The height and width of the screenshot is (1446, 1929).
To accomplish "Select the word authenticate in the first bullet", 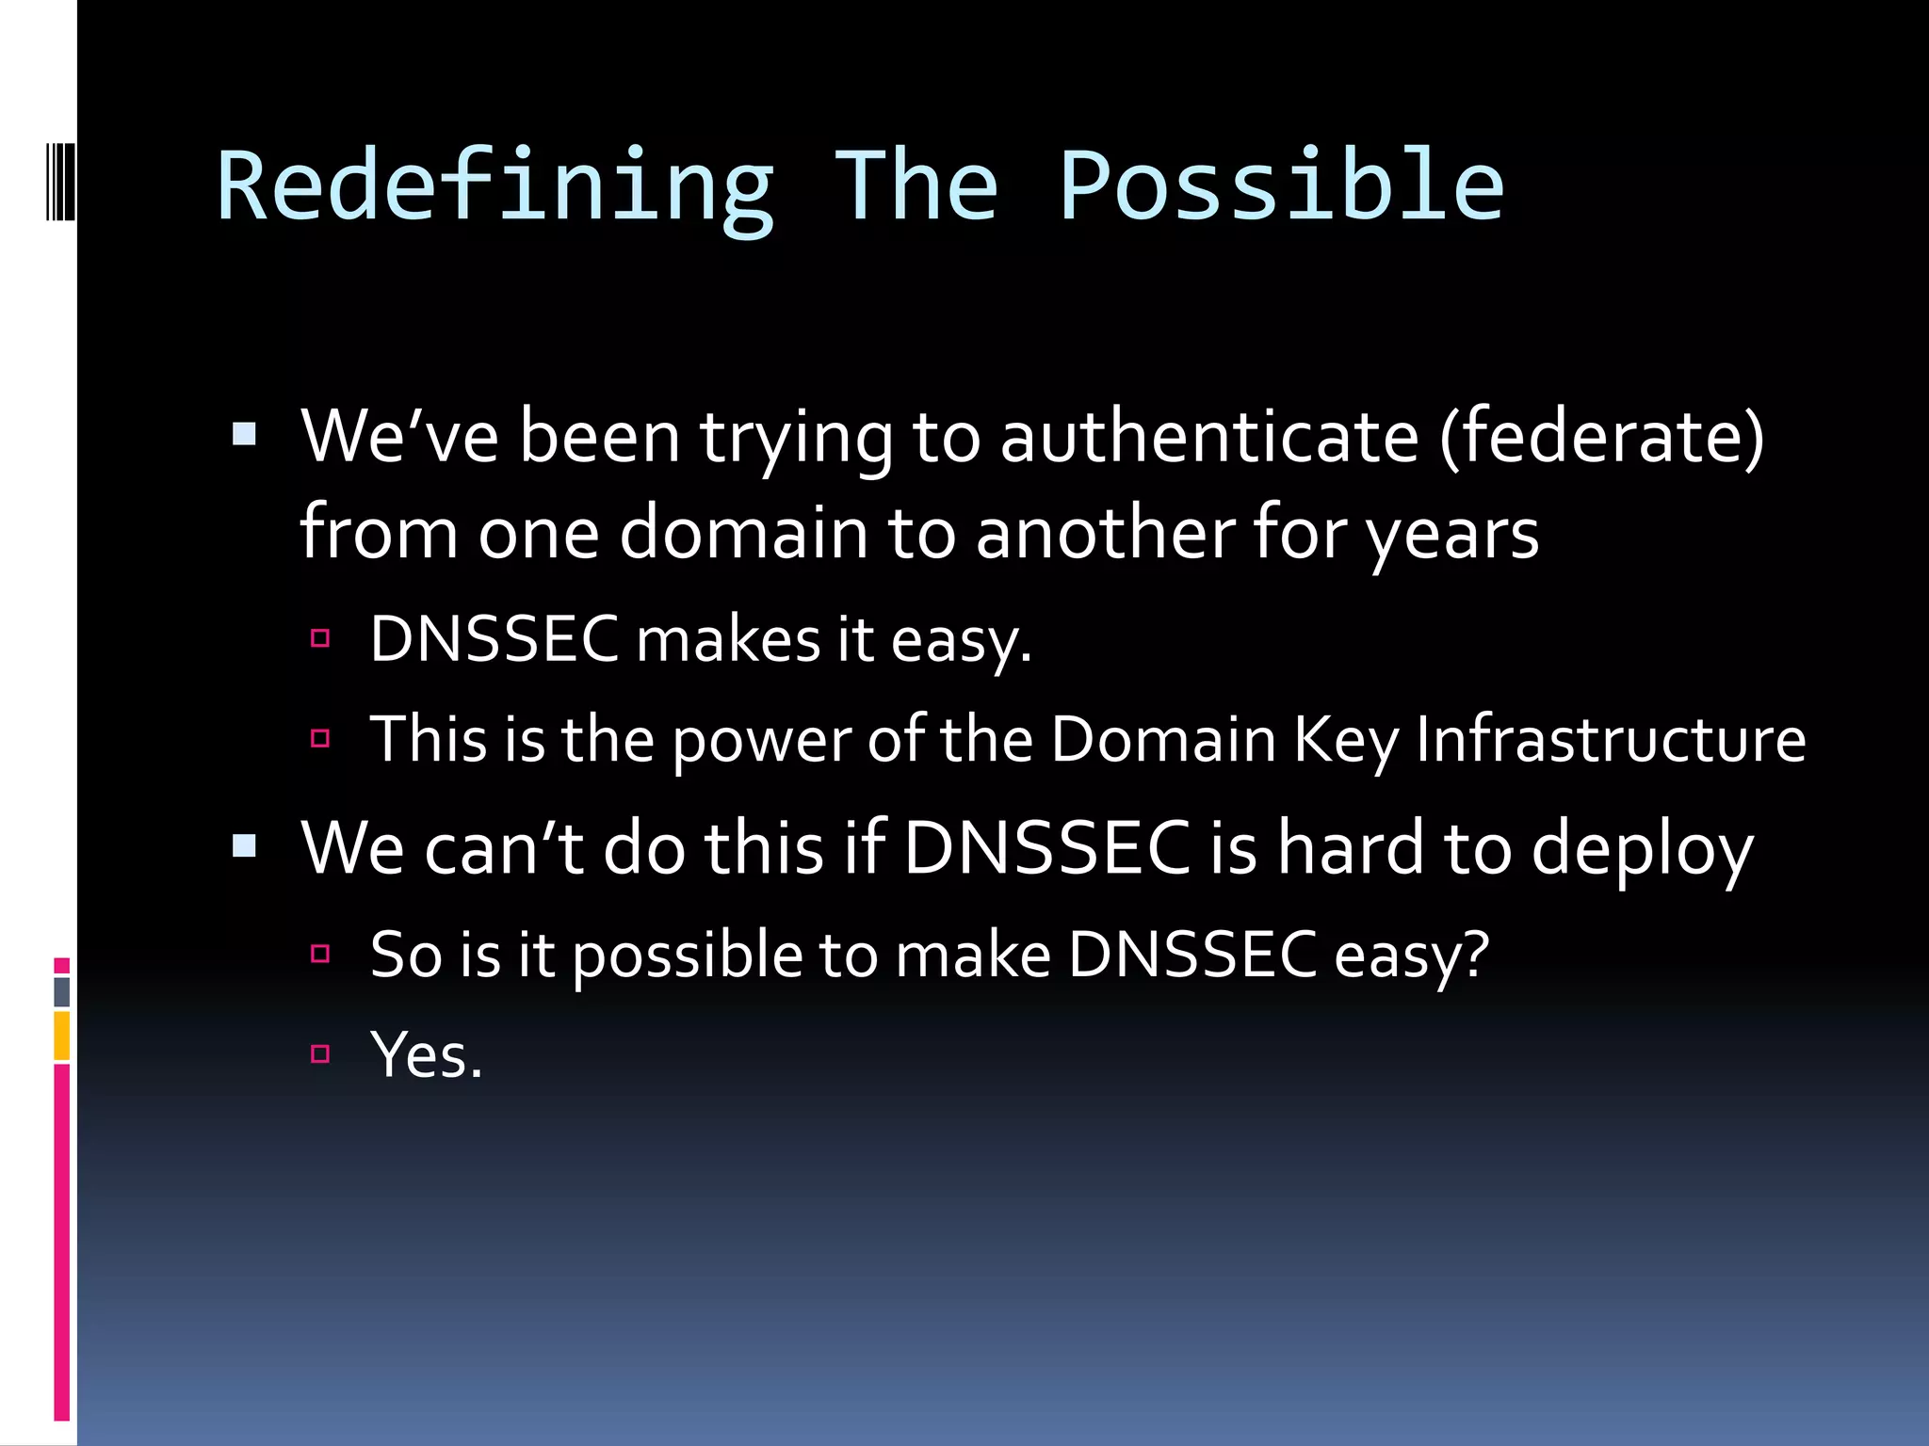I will pos(1208,437).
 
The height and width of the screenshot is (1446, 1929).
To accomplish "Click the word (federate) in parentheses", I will pos(1601,437).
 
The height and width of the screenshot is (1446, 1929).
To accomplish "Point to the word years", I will pos(1452,535).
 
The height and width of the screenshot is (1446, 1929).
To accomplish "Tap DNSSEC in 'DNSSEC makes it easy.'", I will pos(494,639).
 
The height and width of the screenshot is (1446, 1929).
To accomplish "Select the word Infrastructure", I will pos(1611,739).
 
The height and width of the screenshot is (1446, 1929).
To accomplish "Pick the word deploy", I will pos(1642,849).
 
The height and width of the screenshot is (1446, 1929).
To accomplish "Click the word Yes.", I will pos(426,1055).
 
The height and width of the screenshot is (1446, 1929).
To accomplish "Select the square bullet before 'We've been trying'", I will pos(244,434).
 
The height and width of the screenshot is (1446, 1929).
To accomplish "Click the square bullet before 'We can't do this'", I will pos(244,845).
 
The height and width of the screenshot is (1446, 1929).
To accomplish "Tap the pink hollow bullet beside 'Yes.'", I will pos(320,1053).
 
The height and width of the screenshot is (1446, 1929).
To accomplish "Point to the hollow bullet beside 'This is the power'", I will pos(320,738).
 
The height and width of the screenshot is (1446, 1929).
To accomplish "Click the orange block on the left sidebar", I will pos(62,1036).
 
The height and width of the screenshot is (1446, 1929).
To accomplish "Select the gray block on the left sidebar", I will pos(62,991).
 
